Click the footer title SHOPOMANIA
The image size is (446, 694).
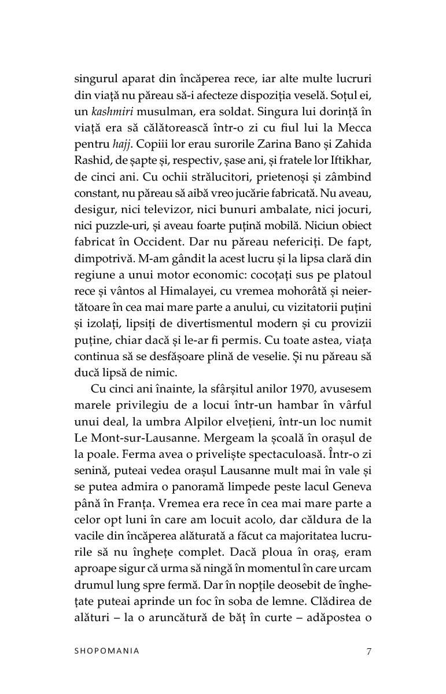point(107,651)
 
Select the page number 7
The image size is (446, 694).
point(368,651)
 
